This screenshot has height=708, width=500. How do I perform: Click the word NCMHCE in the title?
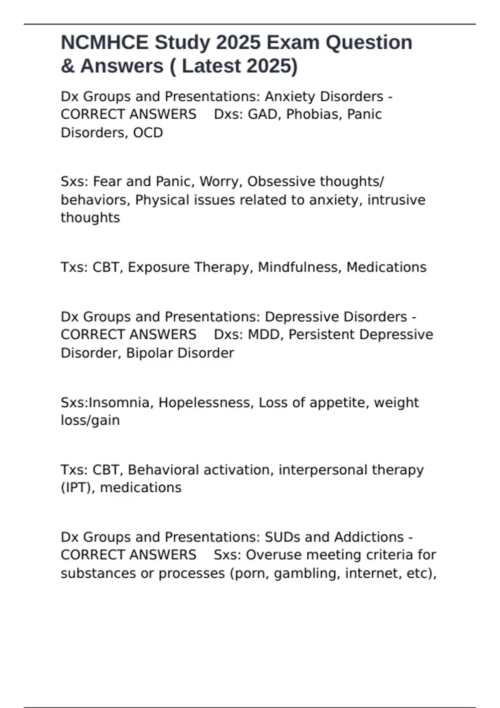pos(104,42)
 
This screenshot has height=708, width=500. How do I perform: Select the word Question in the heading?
pos(369,42)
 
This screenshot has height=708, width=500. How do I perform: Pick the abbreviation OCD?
pos(148,132)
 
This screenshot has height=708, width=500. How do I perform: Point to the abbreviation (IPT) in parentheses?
pos(77,487)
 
